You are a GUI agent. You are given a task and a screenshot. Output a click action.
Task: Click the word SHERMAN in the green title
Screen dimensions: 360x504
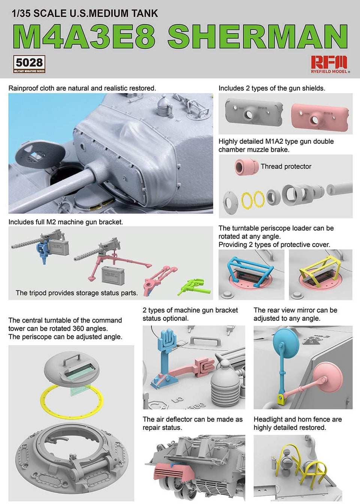(257, 36)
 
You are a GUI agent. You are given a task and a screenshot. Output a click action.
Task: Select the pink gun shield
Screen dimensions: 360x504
(320, 115)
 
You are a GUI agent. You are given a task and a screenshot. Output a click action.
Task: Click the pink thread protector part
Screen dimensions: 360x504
(246, 167)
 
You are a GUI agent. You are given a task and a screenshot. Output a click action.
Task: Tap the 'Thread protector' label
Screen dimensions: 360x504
(286, 166)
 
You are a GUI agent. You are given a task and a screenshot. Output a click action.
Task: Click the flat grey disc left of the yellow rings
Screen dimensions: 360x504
(230, 201)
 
